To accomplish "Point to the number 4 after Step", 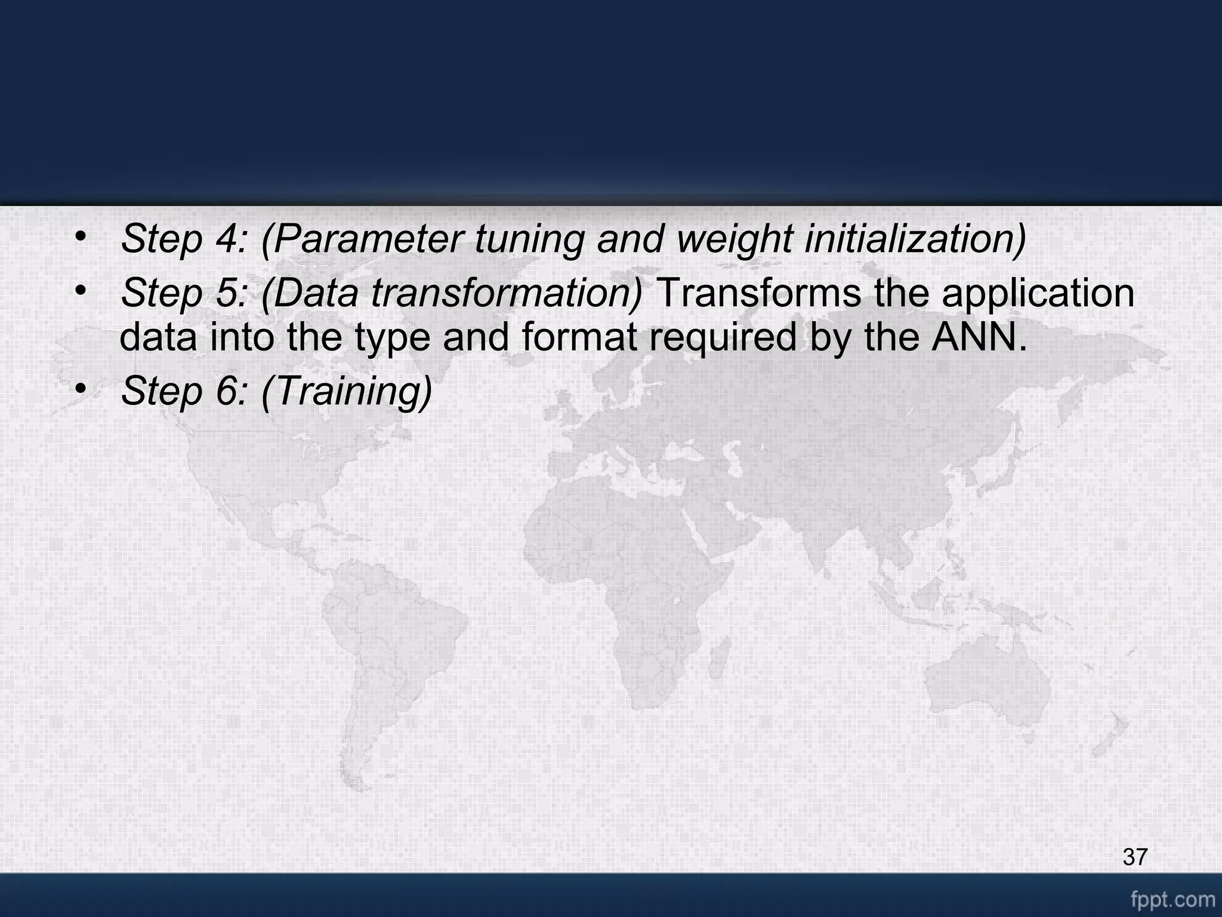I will [x=227, y=239].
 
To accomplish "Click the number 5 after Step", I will [x=227, y=294].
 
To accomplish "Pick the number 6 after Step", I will [x=227, y=391].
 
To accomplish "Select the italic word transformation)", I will [x=507, y=294].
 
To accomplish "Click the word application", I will [x=1038, y=294].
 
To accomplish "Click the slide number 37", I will [x=1135, y=857].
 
